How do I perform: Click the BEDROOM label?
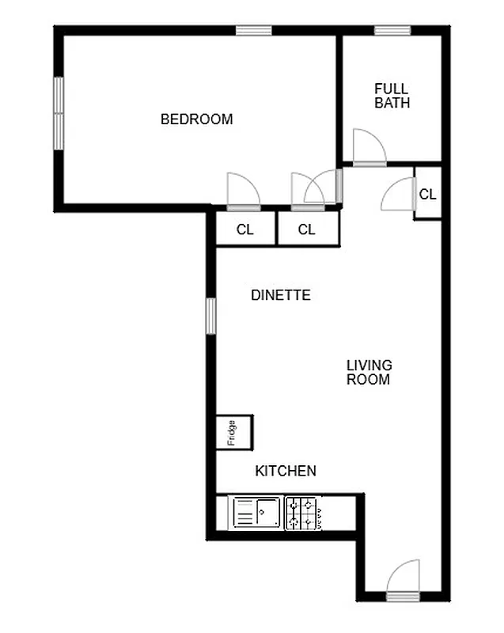click(x=196, y=119)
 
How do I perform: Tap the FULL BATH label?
click(x=392, y=95)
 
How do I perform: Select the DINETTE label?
click(x=280, y=295)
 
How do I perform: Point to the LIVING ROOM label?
click(x=369, y=372)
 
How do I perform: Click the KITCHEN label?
click(x=285, y=471)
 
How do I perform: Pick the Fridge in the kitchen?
click(x=233, y=432)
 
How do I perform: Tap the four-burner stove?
click(x=303, y=512)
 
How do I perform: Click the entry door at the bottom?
click(x=404, y=579)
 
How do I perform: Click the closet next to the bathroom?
click(x=427, y=193)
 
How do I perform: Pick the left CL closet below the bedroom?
click(x=245, y=229)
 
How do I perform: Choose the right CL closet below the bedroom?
click(x=307, y=229)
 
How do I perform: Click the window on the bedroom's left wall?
click(x=59, y=112)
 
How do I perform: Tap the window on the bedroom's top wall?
click(x=253, y=31)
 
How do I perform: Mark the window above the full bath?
click(x=392, y=31)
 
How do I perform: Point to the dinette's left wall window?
click(x=210, y=315)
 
